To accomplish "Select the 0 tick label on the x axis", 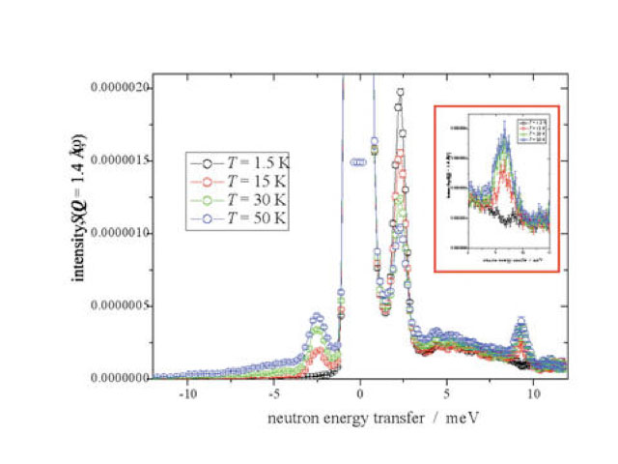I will (360, 394).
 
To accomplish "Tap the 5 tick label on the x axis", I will (445, 394).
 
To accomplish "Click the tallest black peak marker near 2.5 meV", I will (400, 93).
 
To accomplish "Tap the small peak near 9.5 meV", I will (521, 321).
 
